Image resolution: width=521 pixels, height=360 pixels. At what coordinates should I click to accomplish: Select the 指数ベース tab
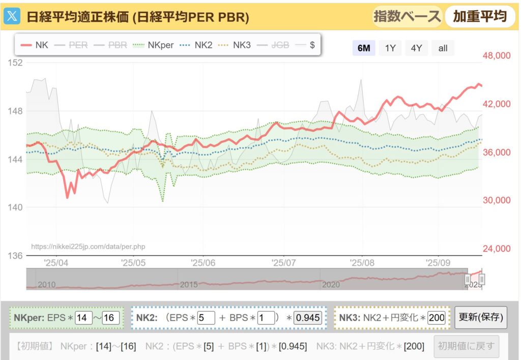407,16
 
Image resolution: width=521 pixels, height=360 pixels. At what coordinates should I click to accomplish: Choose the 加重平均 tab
480,16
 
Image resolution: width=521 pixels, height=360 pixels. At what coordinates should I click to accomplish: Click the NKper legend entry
153,45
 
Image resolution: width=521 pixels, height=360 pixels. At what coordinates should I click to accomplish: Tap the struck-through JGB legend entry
273,45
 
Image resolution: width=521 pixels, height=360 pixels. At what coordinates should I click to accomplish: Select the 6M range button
364,48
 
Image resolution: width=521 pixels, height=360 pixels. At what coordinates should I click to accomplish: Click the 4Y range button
416,48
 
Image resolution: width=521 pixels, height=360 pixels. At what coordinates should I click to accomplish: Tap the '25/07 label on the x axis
284,263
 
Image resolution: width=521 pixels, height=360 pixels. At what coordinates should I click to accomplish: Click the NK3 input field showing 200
437,318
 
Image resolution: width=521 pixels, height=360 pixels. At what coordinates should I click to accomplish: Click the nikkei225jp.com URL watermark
88,247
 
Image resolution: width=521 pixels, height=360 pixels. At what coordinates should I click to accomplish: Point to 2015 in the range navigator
188,285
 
